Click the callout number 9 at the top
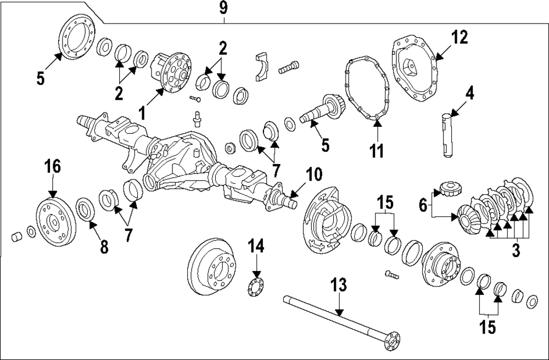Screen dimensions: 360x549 point(225,9)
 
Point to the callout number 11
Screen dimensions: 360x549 point(377,151)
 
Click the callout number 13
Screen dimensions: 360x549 point(339,285)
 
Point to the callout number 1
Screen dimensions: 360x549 point(142,114)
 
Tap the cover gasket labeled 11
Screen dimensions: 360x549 point(366,94)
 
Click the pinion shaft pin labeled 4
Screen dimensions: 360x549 point(448,135)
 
